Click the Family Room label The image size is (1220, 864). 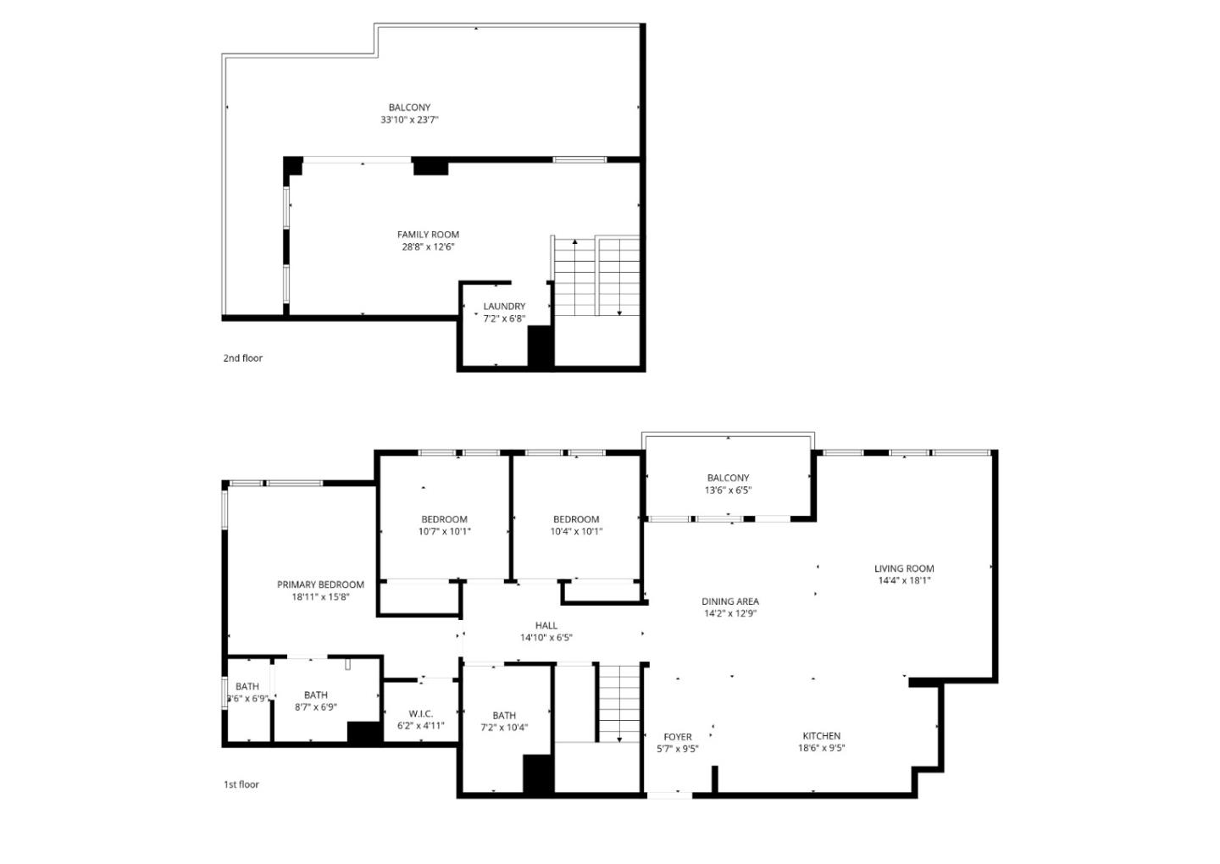428,235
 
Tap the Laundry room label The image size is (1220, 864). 504,307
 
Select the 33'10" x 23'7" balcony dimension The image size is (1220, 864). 409,120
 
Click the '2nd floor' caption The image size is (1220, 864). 242,358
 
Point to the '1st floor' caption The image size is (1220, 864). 241,784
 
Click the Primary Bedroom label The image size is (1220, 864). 320,584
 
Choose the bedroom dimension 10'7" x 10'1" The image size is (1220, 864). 444,532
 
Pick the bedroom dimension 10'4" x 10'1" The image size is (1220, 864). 576,532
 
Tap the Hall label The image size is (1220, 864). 546,626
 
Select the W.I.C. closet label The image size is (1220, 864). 420,714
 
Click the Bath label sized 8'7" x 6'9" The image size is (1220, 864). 315,695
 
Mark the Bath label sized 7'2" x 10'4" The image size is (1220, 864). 504,716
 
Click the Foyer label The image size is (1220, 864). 677,737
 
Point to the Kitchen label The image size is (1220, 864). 821,736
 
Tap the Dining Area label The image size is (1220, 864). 729,602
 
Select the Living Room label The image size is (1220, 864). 904,569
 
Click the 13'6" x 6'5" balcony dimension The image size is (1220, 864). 728,490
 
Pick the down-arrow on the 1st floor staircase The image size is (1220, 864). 619,738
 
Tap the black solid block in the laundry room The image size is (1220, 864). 541,346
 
